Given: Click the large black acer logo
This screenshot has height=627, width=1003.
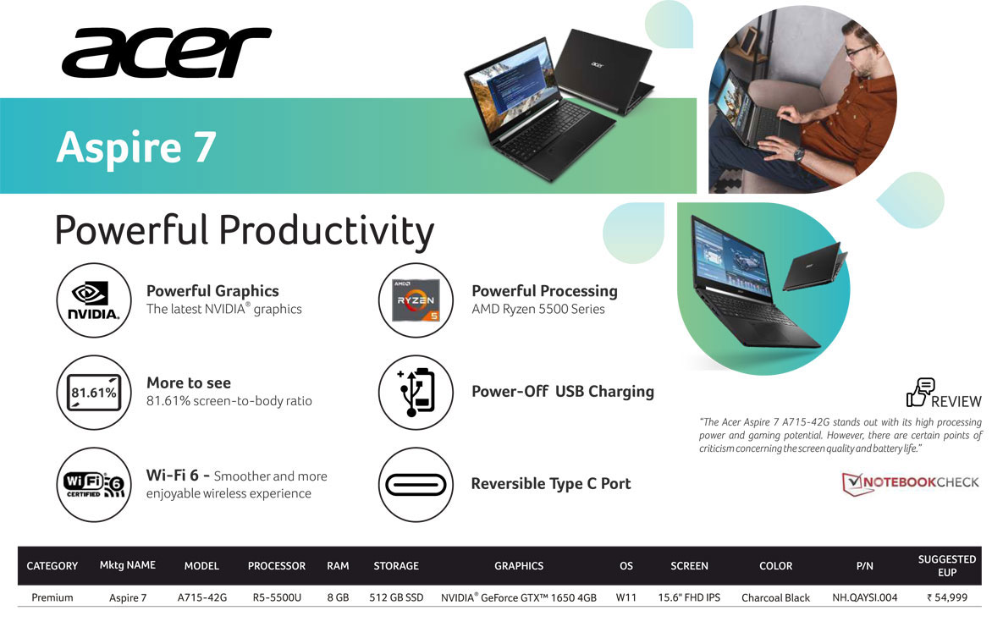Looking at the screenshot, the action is (167, 52).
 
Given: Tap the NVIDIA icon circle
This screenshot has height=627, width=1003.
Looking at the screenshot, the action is (94, 300).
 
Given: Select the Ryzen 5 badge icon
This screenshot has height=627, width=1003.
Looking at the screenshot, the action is (416, 300).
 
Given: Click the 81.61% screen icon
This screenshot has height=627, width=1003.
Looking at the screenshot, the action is (94, 393).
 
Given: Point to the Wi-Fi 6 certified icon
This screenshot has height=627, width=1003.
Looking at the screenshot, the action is (94, 484).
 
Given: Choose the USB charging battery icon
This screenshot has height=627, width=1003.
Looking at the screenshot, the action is (416, 393).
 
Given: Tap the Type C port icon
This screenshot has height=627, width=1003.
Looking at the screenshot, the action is (416, 484).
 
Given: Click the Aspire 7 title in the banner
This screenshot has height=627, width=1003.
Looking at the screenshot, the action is (136, 146).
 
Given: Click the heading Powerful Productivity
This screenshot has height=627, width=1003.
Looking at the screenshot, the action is (245, 231).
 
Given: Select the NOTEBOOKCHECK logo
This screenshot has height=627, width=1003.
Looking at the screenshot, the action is (910, 483).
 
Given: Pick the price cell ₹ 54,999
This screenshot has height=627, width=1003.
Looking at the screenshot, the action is (946, 597).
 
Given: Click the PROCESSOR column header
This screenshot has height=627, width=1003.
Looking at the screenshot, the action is (276, 565).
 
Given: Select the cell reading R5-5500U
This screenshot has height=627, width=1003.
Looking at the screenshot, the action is (276, 597).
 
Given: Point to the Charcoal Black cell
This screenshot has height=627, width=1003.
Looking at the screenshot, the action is (775, 597).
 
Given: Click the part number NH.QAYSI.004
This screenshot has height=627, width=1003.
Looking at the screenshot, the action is (864, 597).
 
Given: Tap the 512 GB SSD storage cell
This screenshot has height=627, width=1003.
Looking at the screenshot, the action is (396, 597).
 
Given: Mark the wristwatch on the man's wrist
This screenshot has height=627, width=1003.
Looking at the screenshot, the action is (799, 154).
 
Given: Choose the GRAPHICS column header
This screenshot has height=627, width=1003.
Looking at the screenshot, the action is (519, 565).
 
